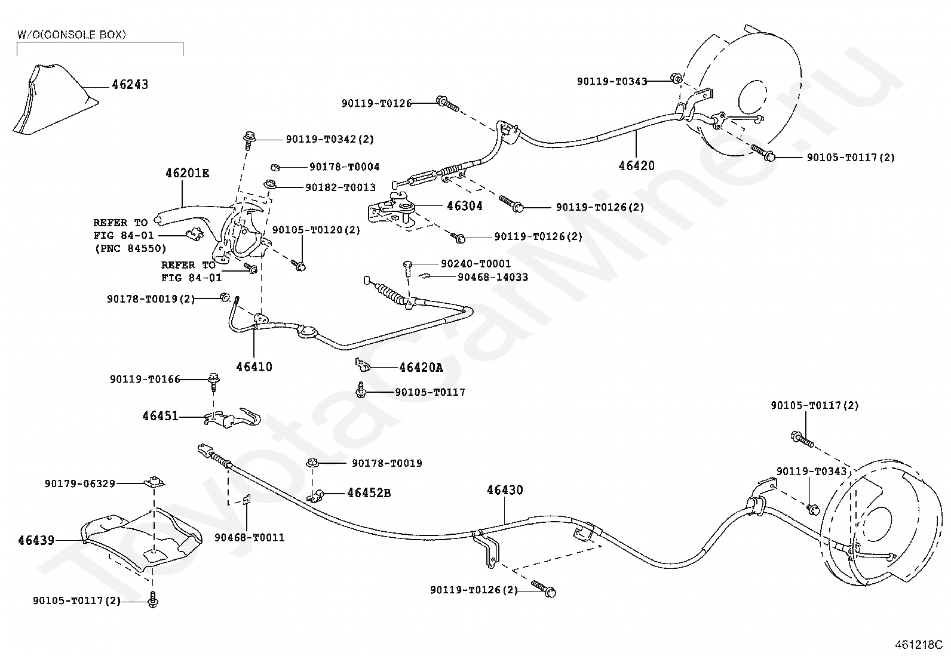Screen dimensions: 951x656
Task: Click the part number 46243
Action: point(130,84)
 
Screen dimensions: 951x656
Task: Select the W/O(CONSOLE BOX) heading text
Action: point(72,35)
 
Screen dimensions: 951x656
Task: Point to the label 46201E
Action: point(187,173)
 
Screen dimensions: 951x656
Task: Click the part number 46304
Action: point(465,206)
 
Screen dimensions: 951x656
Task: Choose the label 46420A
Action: point(421,368)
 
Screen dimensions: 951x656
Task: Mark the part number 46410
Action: point(254,367)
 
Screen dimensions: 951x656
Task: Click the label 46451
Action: point(160,416)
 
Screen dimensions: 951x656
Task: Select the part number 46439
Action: point(36,541)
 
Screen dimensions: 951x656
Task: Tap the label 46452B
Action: point(369,493)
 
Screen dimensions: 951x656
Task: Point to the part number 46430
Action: point(505,491)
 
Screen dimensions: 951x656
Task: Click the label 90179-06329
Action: point(80,483)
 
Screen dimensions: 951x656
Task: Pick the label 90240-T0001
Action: point(476,263)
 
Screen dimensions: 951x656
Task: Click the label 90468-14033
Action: point(492,277)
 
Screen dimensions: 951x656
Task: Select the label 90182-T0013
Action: point(340,187)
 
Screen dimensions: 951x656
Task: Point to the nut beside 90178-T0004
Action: point(275,167)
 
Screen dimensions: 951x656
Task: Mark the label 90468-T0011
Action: point(249,538)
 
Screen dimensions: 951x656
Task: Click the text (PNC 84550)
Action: point(130,248)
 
